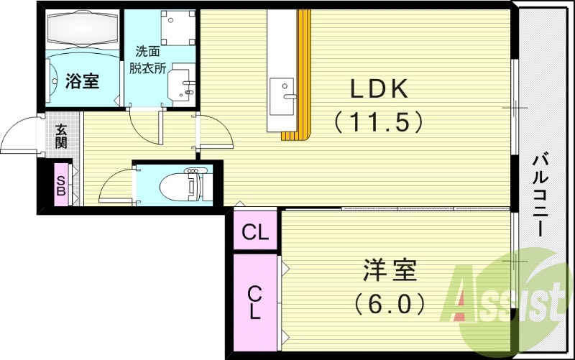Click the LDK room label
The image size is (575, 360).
click(x=379, y=90)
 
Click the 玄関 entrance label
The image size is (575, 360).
click(x=63, y=136)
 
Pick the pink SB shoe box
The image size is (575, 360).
click(x=61, y=185)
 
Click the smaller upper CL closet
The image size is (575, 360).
click(x=255, y=231)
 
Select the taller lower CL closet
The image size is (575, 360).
click(x=255, y=302)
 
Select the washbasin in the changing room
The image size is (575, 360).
click(x=183, y=86)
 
